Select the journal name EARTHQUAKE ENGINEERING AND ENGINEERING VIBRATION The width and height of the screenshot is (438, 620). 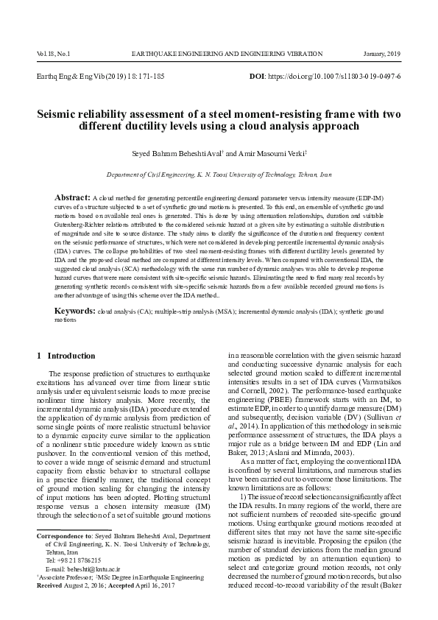click(227, 54)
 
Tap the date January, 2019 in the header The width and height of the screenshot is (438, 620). click(382, 54)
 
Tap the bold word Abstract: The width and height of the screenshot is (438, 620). click(72, 199)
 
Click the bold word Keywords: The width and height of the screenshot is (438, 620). click(74, 333)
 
